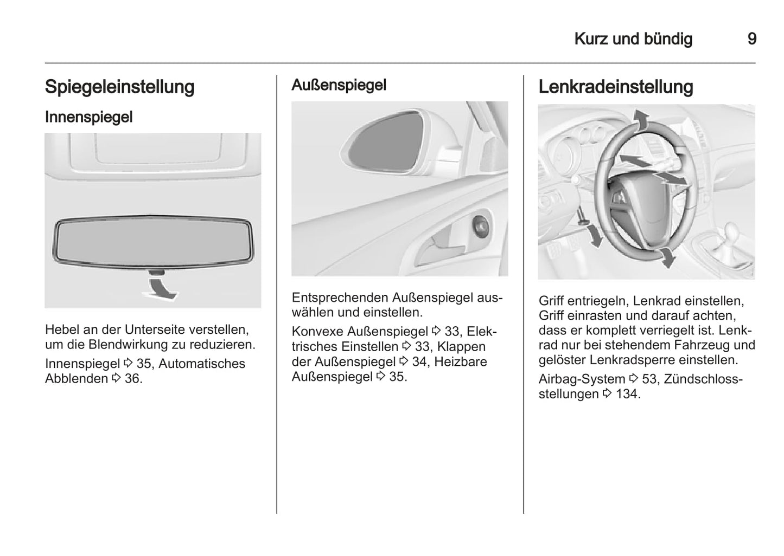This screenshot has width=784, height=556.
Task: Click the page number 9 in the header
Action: (751, 39)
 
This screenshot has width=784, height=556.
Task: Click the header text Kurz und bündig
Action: (633, 39)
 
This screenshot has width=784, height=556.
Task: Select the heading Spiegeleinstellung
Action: (119, 87)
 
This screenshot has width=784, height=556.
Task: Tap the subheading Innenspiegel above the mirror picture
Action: (88, 117)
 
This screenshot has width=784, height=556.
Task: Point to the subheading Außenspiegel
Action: (339, 85)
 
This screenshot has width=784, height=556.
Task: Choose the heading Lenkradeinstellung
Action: (616, 87)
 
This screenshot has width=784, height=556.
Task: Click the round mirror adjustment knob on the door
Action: (481, 224)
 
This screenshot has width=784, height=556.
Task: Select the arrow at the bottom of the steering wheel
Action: (667, 257)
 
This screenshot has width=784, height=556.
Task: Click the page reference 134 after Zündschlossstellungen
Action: (628, 394)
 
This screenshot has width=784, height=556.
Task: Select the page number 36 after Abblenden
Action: (132, 378)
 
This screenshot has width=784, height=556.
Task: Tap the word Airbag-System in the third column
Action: (582, 379)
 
